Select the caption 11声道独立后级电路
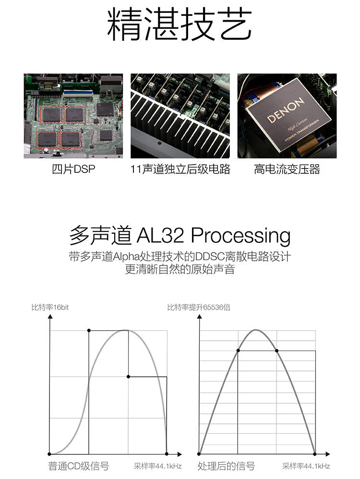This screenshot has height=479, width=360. coord(180,169)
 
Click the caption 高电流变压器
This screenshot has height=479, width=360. coord(287,169)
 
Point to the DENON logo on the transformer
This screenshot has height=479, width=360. coord(286,110)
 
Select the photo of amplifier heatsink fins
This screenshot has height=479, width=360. coord(180,116)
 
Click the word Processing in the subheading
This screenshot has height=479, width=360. coord(240,236)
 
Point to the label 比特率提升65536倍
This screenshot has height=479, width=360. coord(199,307)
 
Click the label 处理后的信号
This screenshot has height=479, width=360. coord(226,466)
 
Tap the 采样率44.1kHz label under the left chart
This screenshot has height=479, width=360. coord(157,466)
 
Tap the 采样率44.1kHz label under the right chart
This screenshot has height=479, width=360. coord(306,466)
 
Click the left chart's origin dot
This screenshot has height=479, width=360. coord(49,454)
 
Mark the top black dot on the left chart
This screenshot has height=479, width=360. coord(89,330)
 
